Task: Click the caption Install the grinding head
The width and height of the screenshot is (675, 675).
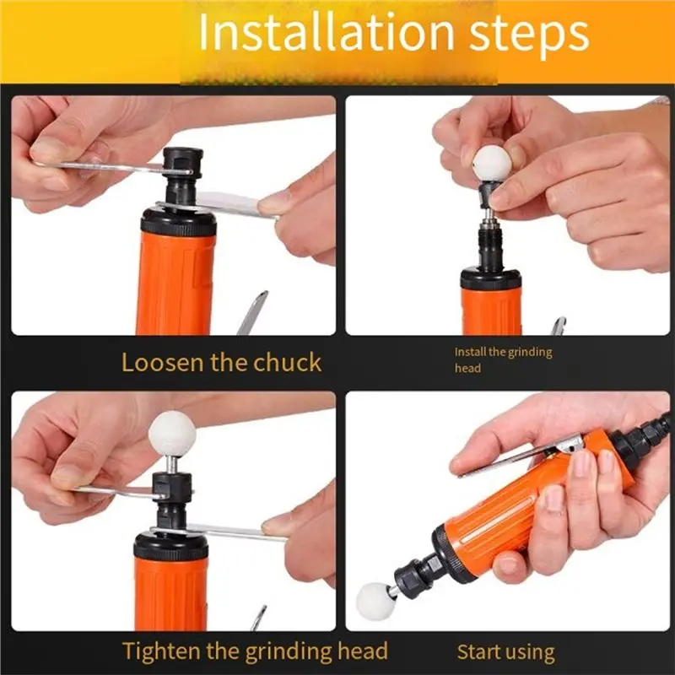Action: [x=503, y=359]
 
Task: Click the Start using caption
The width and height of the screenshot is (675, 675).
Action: [x=505, y=652]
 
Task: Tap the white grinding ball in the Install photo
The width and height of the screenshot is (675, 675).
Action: [x=492, y=163]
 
